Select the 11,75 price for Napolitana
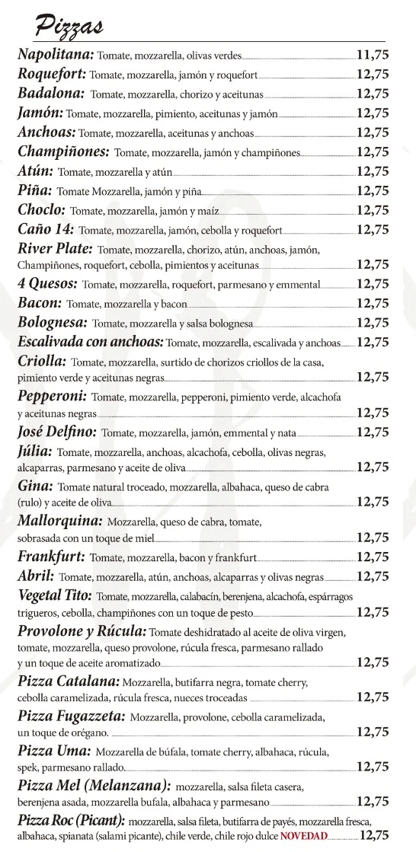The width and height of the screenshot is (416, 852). pos(373,55)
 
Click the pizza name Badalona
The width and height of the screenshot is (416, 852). pos(50,94)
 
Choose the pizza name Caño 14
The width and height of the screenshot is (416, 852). pos(46,228)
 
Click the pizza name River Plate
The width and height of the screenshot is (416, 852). pos(55,248)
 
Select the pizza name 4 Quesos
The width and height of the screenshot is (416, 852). pos(47,283)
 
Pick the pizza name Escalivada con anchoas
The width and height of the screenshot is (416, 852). pos(90,341)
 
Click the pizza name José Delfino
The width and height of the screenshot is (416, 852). pos(56,432)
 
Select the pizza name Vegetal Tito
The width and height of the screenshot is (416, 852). pos(55,595)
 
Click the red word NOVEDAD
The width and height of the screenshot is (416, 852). pos(304,836)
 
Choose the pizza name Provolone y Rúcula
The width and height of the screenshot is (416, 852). pos(82,631)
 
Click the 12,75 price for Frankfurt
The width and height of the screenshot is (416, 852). pos(373,557)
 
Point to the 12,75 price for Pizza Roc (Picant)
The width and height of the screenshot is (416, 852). pos(373,835)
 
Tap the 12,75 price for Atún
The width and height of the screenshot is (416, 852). pos(373,171)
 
